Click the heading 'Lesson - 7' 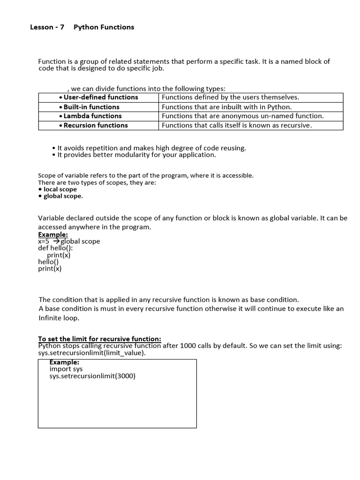47,27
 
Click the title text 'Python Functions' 104,27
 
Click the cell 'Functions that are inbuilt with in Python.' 226,107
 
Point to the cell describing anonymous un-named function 242,116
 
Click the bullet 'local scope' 60,189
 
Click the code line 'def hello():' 55,248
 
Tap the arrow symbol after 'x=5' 56,241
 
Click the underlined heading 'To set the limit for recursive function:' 99,339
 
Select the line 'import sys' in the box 66,369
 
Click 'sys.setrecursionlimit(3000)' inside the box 92,376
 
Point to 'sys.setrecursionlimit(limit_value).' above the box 92,353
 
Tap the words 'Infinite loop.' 59,318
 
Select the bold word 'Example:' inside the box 64,362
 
